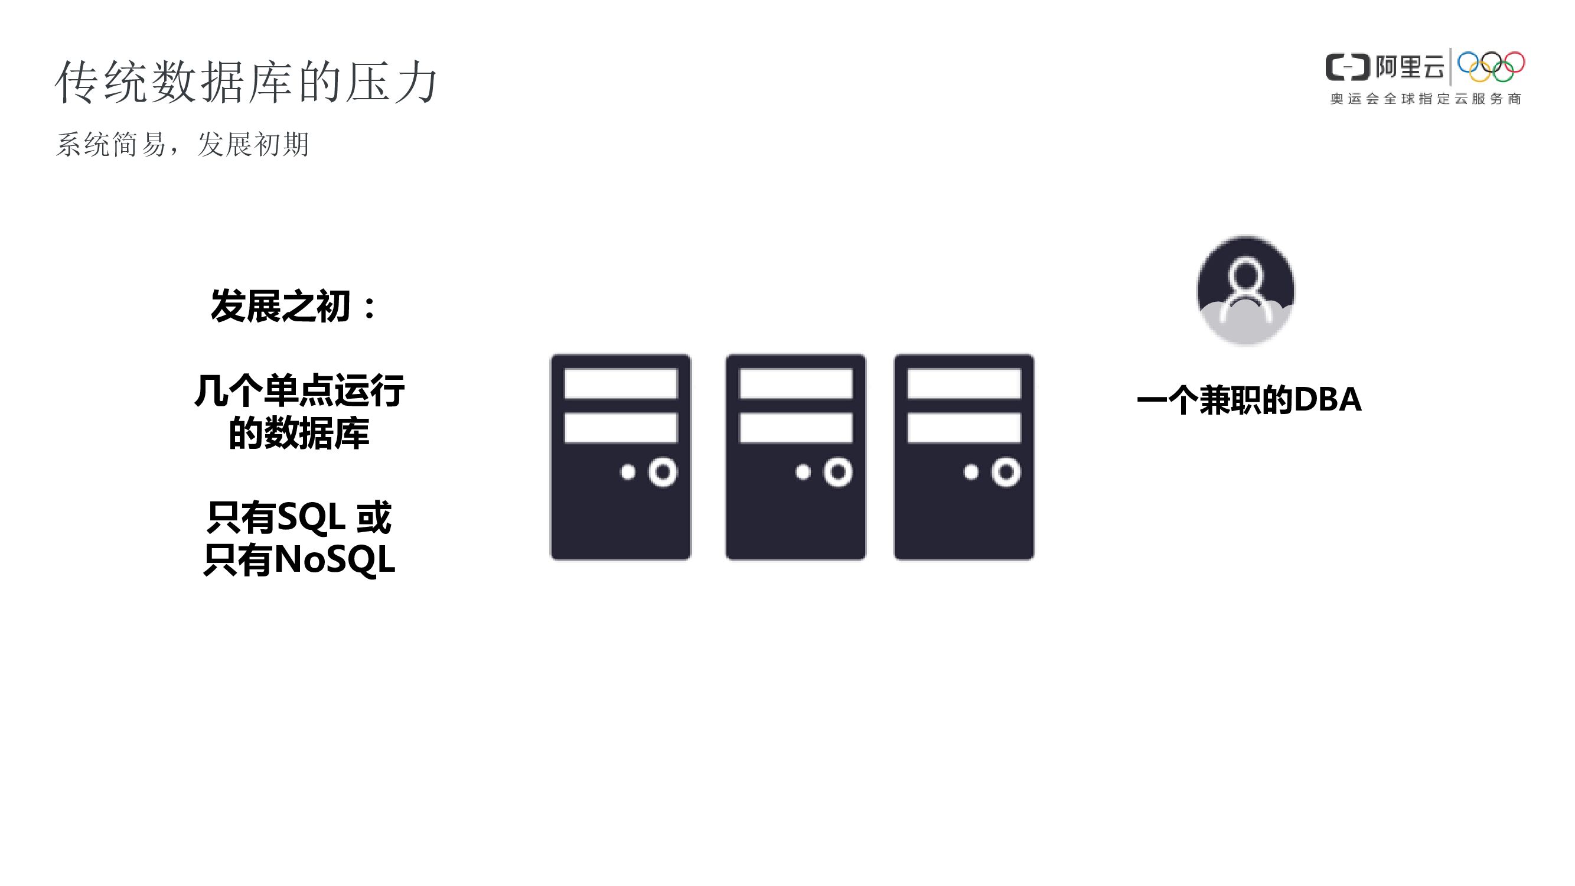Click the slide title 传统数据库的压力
click(x=246, y=82)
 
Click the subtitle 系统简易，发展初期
click(x=182, y=145)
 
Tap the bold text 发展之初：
click(x=294, y=306)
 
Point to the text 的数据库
click(x=299, y=434)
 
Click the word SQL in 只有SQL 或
click(x=311, y=517)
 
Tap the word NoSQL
click(x=334, y=559)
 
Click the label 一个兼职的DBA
click(x=1248, y=400)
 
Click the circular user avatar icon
click(x=1245, y=291)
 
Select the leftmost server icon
click(x=621, y=457)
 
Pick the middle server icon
click(x=795, y=457)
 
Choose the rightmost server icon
click(x=964, y=457)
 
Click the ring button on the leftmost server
click(x=663, y=472)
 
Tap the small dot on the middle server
click(x=803, y=472)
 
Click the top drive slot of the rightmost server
click(x=964, y=383)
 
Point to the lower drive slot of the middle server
click(x=795, y=428)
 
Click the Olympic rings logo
click(x=1491, y=67)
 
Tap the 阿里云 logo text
click(x=1410, y=67)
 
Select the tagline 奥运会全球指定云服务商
click(x=1425, y=99)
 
